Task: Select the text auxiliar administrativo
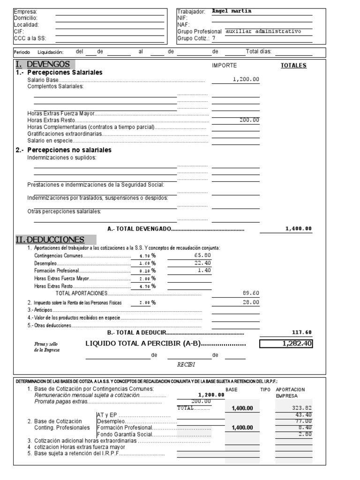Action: [263, 31]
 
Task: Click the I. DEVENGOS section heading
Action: [43, 64]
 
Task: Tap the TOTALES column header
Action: [293, 66]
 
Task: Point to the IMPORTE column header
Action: [225, 66]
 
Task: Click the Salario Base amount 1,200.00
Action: [246, 80]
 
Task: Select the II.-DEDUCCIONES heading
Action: [50, 240]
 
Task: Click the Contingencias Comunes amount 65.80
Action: [202, 255]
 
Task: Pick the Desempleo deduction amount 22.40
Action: [202, 263]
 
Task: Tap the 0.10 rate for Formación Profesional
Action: [144, 271]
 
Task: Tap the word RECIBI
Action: [186, 364]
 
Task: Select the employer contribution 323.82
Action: [301, 408]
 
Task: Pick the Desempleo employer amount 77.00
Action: [304, 421]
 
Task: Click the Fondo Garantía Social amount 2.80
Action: [305, 434]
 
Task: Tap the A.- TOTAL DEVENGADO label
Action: [139, 229]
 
